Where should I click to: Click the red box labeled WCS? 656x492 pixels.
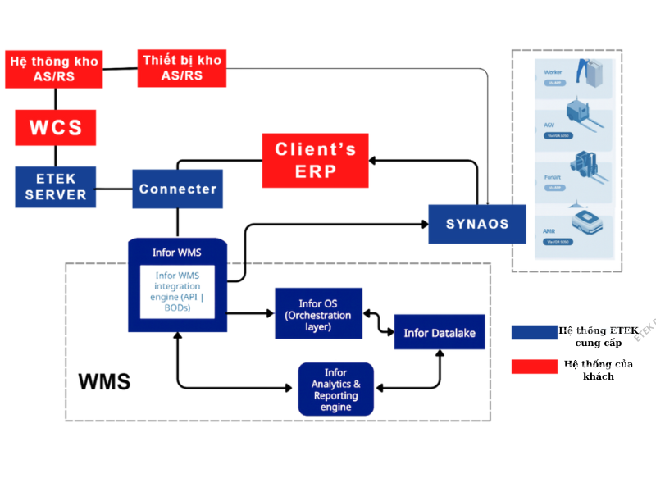tap(55, 128)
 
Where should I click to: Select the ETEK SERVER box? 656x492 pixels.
tap(56, 187)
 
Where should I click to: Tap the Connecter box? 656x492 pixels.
tap(177, 189)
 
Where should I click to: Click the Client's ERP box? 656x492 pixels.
tap(315, 160)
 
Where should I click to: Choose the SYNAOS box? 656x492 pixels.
tap(476, 224)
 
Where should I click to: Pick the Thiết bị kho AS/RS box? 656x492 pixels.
tap(181, 68)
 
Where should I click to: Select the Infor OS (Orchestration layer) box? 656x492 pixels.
tap(318, 314)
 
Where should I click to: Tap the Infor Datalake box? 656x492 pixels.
tap(440, 332)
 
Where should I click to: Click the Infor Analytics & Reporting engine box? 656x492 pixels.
tap(335, 389)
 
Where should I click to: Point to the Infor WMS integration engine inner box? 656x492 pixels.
tap(177, 291)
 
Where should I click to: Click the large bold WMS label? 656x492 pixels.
tap(104, 382)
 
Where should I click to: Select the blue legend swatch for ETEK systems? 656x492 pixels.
tap(534, 332)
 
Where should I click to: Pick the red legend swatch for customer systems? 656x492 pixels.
tap(534, 367)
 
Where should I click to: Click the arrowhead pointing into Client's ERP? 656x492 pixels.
tap(372, 160)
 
